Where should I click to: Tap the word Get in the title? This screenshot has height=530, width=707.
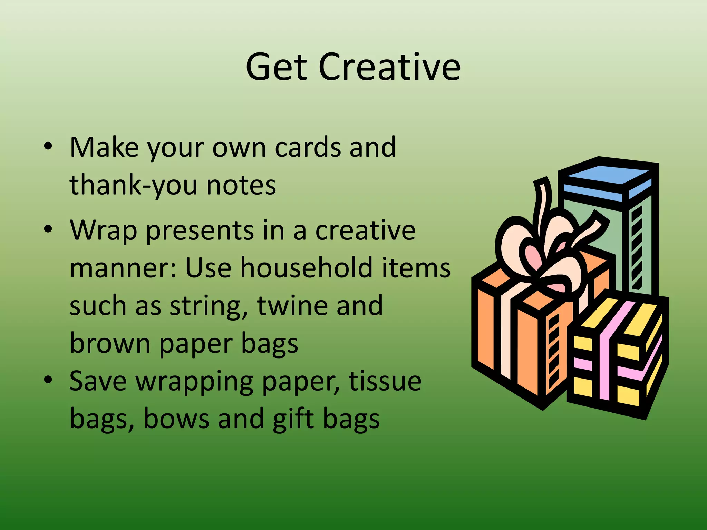pos(276,67)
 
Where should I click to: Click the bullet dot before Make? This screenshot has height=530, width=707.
pos(48,146)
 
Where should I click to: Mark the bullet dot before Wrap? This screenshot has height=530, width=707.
pos(48,229)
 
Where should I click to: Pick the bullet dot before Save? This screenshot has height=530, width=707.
pos(48,380)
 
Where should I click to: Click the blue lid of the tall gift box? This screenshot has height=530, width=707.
pos(608,176)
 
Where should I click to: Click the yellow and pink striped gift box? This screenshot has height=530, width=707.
pos(618,355)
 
